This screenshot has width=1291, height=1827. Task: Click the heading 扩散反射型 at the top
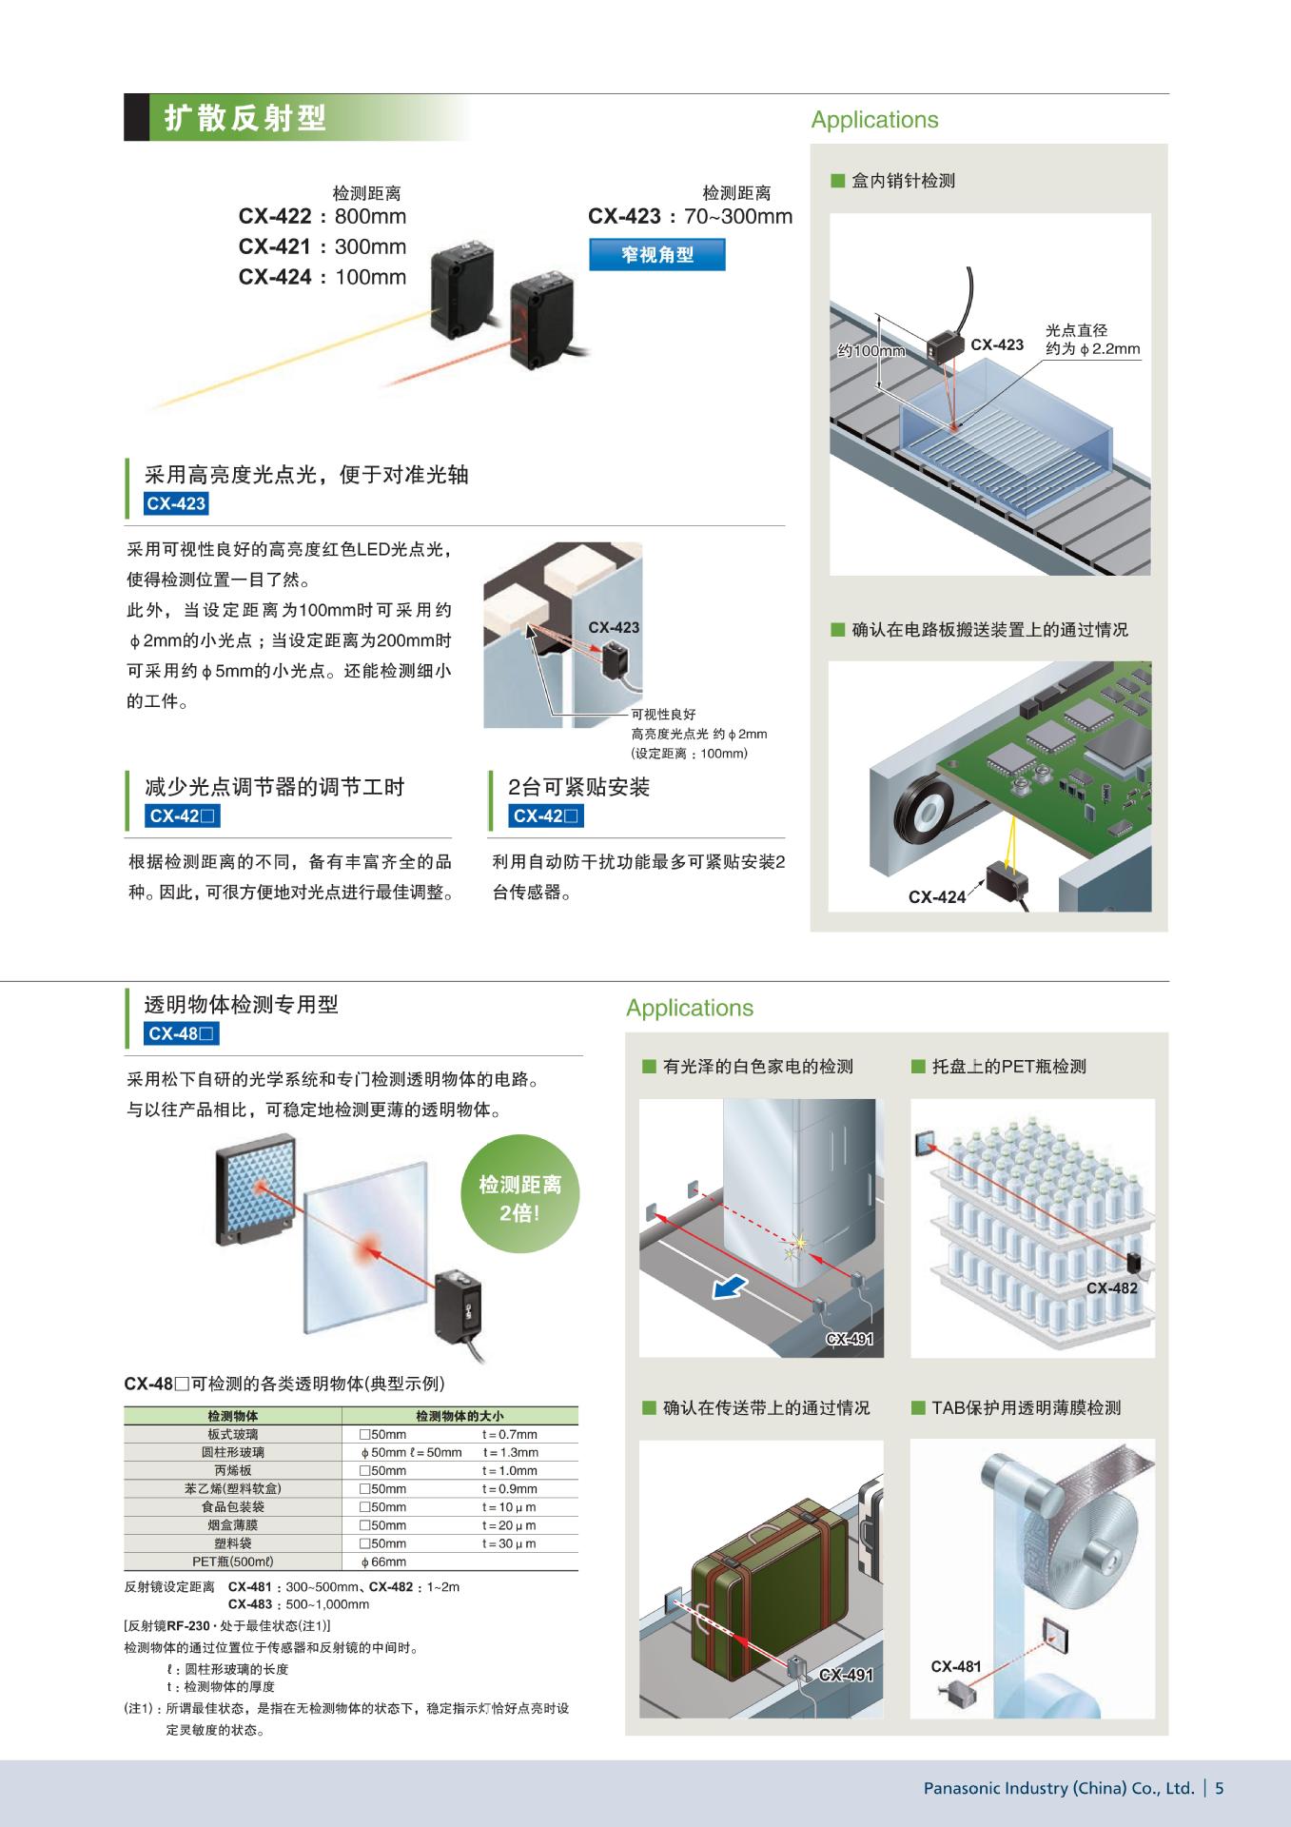[x=245, y=118]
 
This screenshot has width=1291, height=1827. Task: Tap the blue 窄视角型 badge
[x=657, y=255]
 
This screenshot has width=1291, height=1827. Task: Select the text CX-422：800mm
[x=323, y=217]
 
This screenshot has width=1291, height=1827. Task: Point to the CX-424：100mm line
[x=323, y=277]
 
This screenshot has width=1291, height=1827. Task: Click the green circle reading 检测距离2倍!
[x=519, y=1198]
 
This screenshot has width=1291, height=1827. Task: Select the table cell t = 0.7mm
[x=509, y=1434]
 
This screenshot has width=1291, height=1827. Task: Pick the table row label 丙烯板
[x=233, y=1470]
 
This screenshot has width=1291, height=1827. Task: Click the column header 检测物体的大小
[x=460, y=1416]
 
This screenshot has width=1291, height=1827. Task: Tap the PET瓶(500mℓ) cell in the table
[x=233, y=1561]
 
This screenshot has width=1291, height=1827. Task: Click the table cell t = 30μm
[x=509, y=1542]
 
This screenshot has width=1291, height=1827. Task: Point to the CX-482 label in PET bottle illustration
[x=1111, y=1288]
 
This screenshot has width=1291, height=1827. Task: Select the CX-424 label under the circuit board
[x=937, y=896]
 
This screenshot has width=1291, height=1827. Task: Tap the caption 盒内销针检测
[x=903, y=181]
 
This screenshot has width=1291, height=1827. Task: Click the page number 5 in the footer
[x=1220, y=1788]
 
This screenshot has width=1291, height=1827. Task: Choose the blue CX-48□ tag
[x=183, y=1033]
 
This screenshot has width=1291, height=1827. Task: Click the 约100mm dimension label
[x=871, y=351]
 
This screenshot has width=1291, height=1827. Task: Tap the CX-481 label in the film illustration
[x=956, y=1666]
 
